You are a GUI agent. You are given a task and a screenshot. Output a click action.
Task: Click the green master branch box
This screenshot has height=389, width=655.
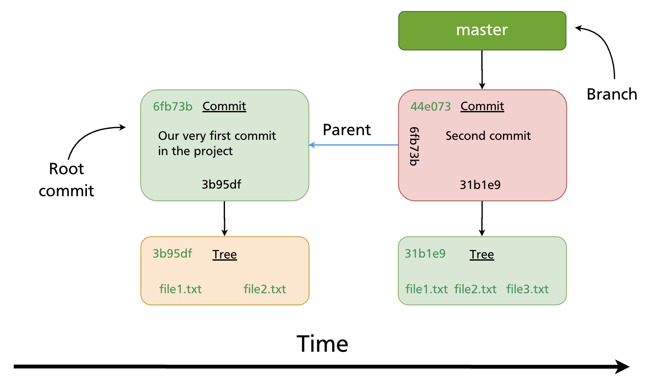[x=482, y=31]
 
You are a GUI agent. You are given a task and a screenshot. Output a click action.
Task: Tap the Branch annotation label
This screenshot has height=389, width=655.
[x=611, y=94]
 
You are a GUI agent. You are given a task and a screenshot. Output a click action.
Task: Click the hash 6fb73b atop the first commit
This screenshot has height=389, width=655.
[x=172, y=106]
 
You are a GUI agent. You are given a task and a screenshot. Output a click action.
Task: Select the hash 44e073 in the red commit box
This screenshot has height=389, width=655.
[x=430, y=106]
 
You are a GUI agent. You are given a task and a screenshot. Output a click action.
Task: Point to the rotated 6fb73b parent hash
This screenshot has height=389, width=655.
[x=414, y=146]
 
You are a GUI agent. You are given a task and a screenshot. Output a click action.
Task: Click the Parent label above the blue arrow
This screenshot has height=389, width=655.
[x=347, y=130]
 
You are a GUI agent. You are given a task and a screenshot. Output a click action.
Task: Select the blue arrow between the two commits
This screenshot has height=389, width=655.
[x=354, y=145]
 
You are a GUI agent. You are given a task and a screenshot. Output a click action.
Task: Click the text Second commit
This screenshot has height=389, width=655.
[x=488, y=136]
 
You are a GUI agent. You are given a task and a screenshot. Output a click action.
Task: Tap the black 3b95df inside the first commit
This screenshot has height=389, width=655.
[x=221, y=184]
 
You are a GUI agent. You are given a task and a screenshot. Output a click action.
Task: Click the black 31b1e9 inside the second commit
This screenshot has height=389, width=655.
[x=480, y=185]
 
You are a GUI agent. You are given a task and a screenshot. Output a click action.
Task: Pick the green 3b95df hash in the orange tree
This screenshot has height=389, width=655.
[x=172, y=253]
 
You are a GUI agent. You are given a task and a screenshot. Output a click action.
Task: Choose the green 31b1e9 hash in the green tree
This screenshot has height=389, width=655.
[x=425, y=253]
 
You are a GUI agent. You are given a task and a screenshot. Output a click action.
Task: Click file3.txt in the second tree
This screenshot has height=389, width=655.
[x=527, y=289]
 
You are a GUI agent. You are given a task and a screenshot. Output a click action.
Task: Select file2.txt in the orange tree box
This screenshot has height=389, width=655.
[x=264, y=289]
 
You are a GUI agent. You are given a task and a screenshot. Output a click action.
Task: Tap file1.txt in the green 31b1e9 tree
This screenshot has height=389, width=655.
[x=426, y=289]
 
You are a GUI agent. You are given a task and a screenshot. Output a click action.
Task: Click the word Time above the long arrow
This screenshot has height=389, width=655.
[x=322, y=344]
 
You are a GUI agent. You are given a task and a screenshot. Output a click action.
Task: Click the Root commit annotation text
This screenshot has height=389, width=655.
[x=67, y=180]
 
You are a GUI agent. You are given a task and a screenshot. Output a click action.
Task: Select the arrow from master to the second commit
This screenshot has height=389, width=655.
[x=482, y=69]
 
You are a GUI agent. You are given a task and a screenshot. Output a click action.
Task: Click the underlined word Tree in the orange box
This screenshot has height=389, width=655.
[x=225, y=254]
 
